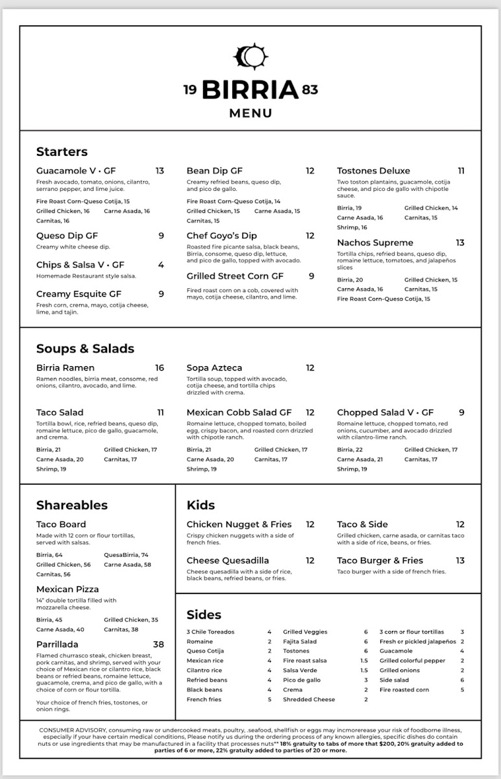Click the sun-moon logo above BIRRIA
point(250,57)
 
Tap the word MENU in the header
point(250,114)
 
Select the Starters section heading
point(62,152)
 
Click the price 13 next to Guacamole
point(160,171)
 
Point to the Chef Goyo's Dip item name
point(221,236)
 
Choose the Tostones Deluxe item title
point(373,171)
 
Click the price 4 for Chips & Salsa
point(161,265)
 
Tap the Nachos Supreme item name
point(374,243)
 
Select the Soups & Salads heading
point(85,349)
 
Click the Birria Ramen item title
point(65,367)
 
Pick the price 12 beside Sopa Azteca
point(310,367)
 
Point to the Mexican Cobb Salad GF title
point(239,412)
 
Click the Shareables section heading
point(72,505)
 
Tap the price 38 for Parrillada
point(158,645)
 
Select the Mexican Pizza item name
point(67,589)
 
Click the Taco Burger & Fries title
point(380,560)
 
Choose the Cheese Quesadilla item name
point(228,560)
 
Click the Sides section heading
point(204,615)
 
